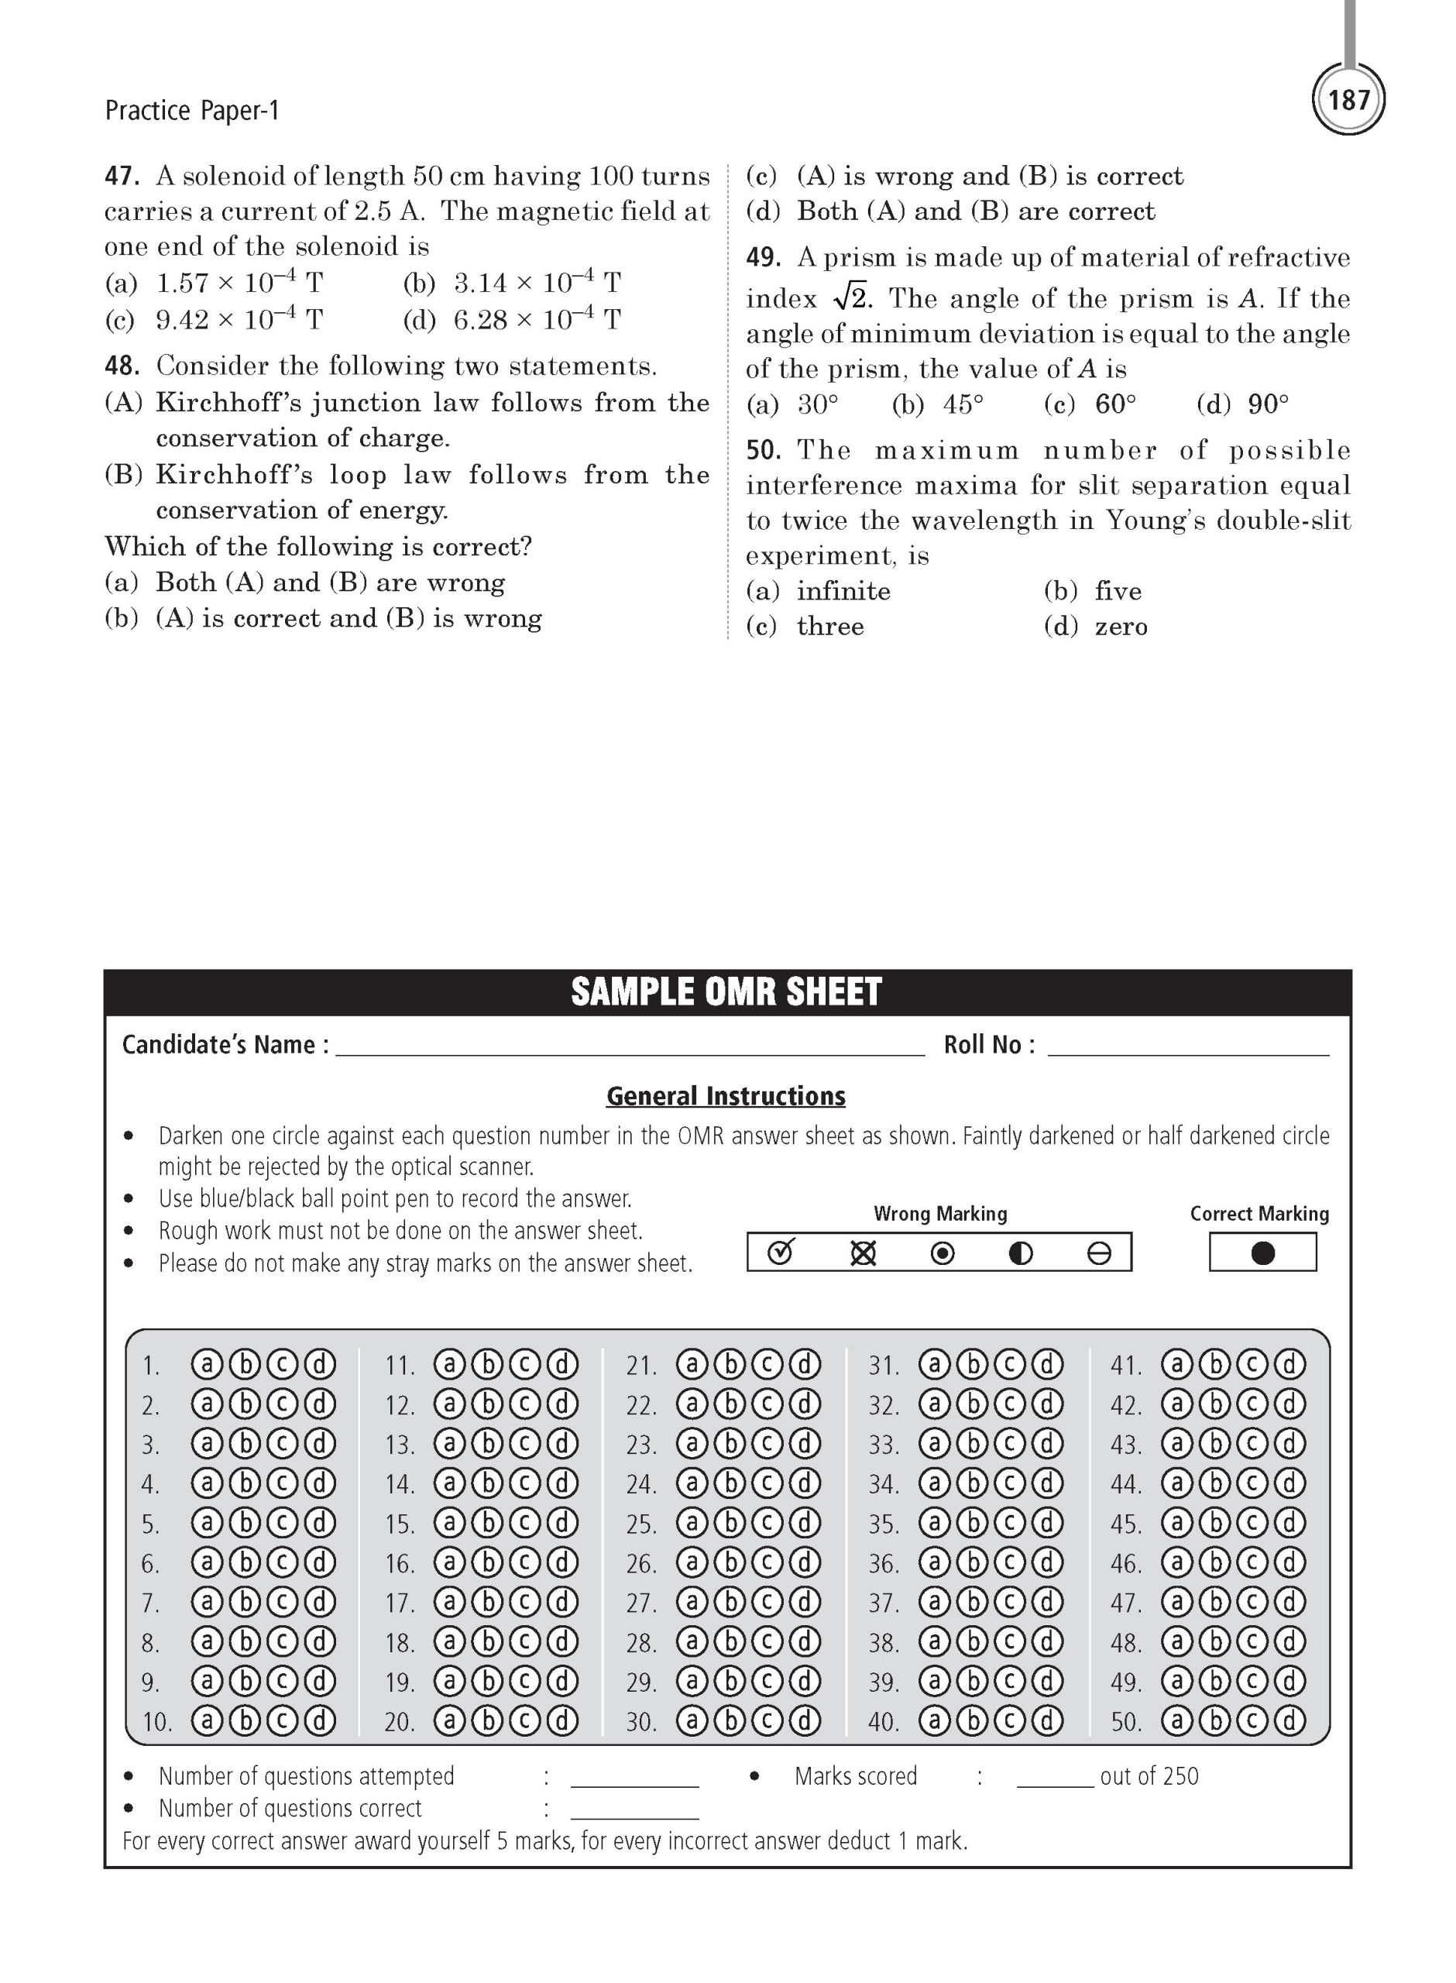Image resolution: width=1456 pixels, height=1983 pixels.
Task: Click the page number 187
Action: [1348, 100]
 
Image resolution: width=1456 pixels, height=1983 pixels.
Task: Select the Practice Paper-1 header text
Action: [191, 111]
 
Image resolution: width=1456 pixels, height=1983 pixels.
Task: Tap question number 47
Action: [122, 177]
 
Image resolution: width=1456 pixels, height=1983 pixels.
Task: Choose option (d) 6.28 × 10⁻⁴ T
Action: [512, 319]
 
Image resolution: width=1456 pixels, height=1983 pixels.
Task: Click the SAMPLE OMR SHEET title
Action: [726, 992]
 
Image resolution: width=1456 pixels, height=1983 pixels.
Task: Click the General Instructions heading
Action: [726, 1096]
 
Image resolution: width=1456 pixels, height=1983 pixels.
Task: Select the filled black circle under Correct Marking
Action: [1263, 1253]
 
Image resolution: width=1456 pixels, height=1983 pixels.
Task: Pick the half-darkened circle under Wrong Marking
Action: [1021, 1253]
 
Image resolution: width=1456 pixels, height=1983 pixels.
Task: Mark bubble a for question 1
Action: [207, 1365]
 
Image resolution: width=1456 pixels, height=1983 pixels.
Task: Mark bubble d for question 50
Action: [1289, 1720]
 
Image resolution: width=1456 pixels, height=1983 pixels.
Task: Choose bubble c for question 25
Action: [767, 1523]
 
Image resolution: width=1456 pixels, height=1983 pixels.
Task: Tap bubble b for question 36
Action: [972, 1562]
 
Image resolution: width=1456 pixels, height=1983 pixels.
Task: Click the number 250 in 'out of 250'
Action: [1180, 1776]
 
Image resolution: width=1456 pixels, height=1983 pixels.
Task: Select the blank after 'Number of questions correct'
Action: [634, 1809]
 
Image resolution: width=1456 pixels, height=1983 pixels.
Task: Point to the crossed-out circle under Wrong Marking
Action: [863, 1253]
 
